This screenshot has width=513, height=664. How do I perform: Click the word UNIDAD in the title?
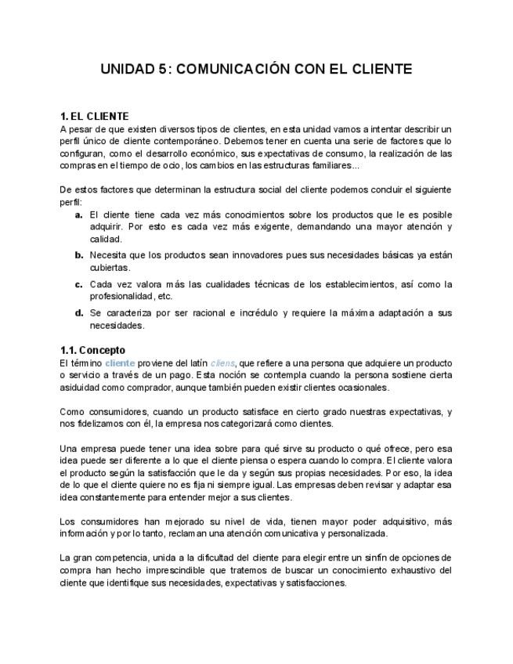coord(128,70)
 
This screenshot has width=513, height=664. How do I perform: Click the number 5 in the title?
coord(162,70)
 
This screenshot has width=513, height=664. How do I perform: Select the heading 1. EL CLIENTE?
coord(95,117)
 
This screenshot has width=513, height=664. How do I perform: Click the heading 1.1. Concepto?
coord(92,350)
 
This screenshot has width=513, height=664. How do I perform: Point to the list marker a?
coord(79,215)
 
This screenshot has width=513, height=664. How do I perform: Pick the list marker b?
coord(79,255)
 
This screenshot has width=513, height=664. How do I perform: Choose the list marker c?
coord(79,284)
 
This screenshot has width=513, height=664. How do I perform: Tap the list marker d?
coord(79,313)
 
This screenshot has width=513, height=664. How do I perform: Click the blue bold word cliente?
coord(120,363)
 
